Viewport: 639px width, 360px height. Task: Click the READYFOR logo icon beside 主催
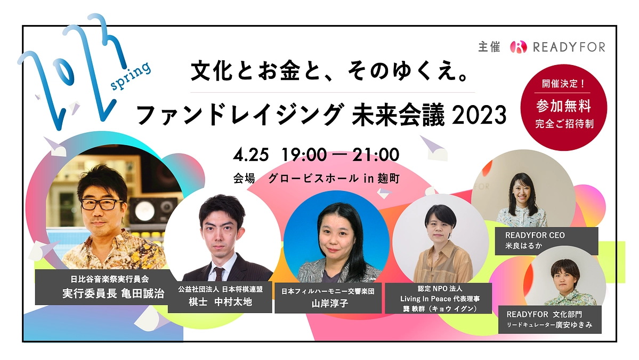[x=518, y=47]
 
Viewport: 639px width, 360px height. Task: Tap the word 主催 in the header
[x=489, y=47]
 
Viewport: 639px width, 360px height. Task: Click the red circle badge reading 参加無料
[x=564, y=106]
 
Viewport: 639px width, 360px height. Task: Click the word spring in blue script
[x=130, y=78]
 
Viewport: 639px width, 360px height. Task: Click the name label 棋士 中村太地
[x=221, y=302]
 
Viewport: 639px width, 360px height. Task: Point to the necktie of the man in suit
[x=219, y=275]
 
